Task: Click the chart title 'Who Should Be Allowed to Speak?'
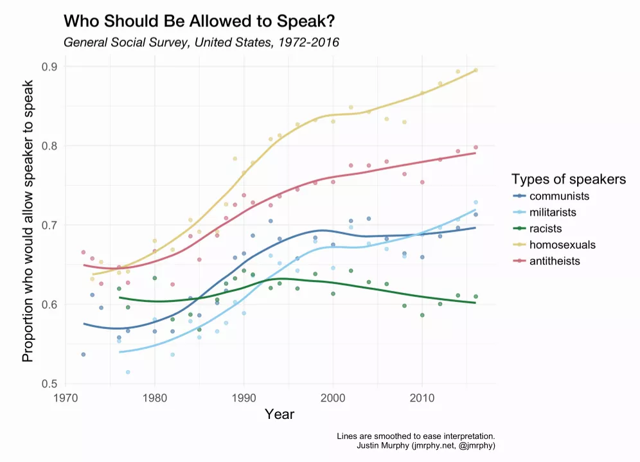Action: [x=199, y=22]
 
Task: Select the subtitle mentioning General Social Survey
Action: [x=201, y=43]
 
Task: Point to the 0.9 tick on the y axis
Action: [x=49, y=67]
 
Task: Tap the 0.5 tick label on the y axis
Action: [x=49, y=384]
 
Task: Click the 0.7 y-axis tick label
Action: [x=49, y=225]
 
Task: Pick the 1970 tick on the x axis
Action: [x=65, y=397]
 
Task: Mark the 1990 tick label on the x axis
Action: [x=244, y=397]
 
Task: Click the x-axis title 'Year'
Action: [x=280, y=414]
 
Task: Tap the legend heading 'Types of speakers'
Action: [x=568, y=179]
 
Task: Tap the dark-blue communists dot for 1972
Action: [x=84, y=354]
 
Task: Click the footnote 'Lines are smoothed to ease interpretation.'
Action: [x=415, y=436]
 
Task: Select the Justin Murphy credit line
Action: [x=425, y=445]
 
